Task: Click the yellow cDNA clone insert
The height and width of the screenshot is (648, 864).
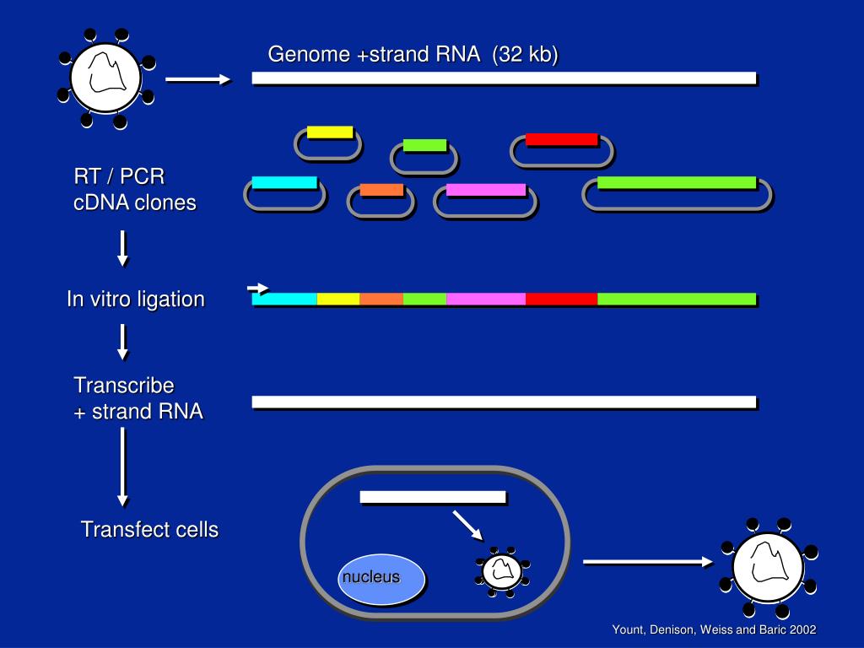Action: click(330, 132)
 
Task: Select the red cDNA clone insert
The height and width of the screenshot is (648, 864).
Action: click(562, 139)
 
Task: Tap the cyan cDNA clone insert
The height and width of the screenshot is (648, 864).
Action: click(284, 182)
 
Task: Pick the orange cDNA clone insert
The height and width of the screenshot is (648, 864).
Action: click(381, 190)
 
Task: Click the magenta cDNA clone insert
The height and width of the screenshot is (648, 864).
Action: click(486, 190)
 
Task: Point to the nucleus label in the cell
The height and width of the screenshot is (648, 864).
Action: click(370, 578)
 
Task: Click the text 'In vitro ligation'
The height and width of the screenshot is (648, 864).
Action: click(136, 300)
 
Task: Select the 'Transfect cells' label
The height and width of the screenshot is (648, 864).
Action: click(149, 530)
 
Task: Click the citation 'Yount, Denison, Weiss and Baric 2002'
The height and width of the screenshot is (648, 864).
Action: click(714, 630)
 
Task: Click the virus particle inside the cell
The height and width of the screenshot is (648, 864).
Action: click(501, 571)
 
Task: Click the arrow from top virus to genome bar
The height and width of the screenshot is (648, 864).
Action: click(197, 79)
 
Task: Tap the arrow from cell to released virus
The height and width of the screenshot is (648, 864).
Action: click(648, 561)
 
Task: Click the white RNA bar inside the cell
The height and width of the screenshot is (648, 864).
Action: click(433, 497)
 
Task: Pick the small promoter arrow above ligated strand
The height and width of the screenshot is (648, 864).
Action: click(258, 289)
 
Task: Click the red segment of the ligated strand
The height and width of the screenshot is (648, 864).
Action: click(561, 299)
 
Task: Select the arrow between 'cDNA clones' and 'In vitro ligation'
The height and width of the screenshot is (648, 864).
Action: click(123, 248)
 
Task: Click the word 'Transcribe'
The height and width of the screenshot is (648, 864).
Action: click(124, 386)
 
